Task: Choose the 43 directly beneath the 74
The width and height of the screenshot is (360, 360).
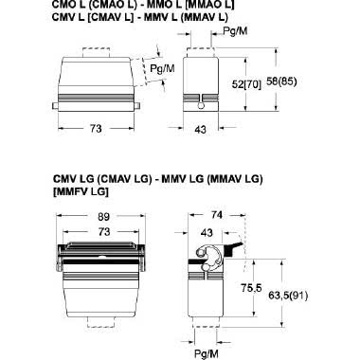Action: click(x=204, y=232)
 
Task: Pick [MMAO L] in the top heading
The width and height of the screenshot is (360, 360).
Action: click(x=202, y=6)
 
